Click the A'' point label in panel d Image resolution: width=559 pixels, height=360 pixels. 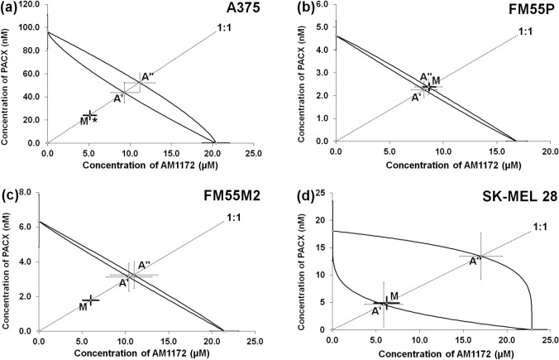click(x=475, y=262)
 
